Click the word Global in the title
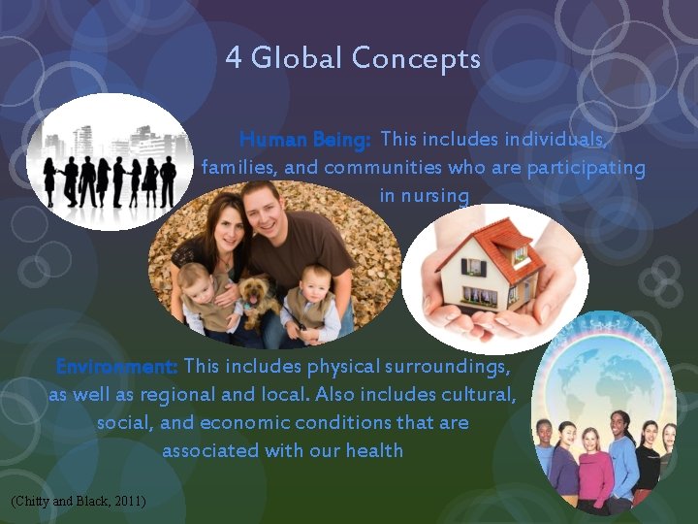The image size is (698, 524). [x=298, y=59]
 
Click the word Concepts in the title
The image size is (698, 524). [x=416, y=59]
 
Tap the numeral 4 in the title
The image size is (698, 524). [x=234, y=59]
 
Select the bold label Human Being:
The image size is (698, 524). [x=304, y=140]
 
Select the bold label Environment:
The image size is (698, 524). [x=116, y=367]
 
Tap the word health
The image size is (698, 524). [x=376, y=450]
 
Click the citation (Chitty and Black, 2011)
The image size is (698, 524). [x=78, y=501]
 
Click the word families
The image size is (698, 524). [x=239, y=168]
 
